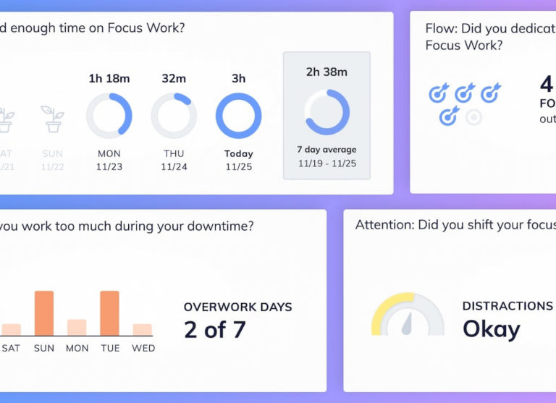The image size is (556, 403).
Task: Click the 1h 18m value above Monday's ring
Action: click(109, 78)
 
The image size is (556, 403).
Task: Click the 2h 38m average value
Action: click(327, 72)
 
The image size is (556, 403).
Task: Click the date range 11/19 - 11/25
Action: click(327, 163)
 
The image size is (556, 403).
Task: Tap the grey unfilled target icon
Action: click(473, 116)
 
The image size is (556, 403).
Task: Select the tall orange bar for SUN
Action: click(44, 313)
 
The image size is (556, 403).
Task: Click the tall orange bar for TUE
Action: click(109, 313)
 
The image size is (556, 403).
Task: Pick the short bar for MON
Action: click(77, 327)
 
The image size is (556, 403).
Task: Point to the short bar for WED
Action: click(143, 329)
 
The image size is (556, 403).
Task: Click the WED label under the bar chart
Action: click(143, 348)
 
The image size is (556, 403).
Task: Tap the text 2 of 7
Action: click(214, 330)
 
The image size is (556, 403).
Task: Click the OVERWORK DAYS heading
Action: click(237, 307)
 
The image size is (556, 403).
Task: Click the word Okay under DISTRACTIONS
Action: click(492, 329)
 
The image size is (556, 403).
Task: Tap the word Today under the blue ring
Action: click(239, 153)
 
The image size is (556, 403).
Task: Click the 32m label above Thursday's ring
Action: click(174, 78)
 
